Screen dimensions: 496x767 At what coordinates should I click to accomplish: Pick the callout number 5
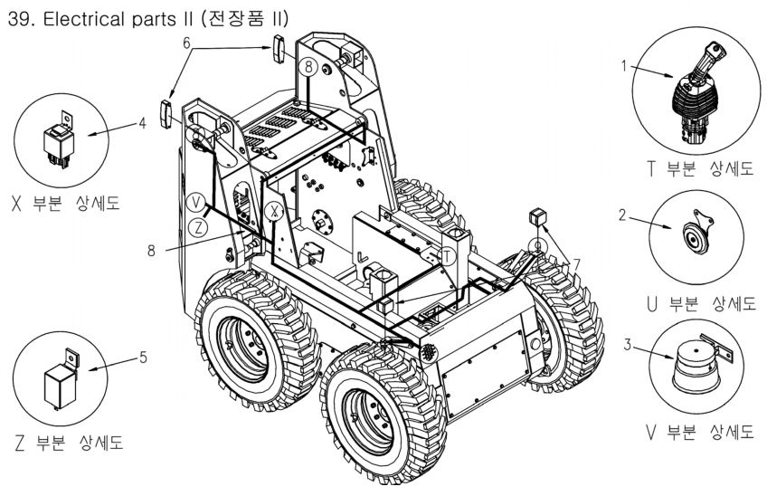coord(143,357)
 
